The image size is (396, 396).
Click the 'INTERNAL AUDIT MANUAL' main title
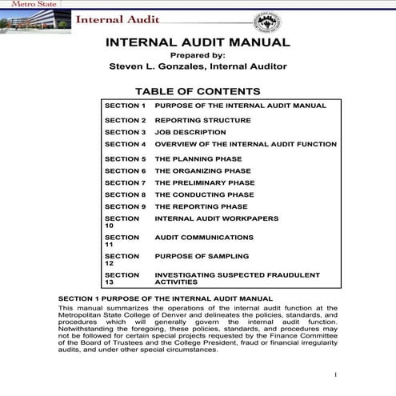click(198, 42)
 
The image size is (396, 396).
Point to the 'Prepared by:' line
click(198, 55)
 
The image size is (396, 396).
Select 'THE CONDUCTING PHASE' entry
click(204, 194)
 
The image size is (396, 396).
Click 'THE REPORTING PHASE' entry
click(201, 206)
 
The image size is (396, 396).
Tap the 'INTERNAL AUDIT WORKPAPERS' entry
click(217, 218)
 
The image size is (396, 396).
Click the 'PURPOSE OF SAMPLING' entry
click(202, 256)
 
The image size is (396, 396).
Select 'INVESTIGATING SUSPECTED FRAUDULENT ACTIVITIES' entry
click(237, 278)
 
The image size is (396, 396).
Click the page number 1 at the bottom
click(336, 374)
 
